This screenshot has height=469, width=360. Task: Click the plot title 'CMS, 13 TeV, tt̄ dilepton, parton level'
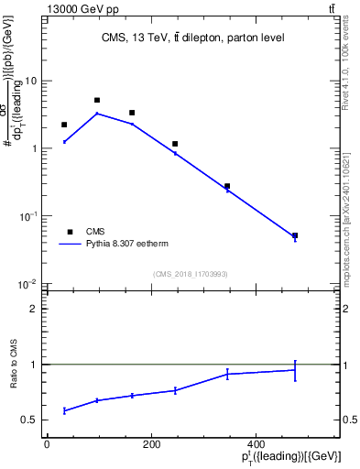(192, 38)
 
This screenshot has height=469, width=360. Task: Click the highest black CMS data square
(97, 100)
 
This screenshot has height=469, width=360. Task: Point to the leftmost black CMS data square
(64, 125)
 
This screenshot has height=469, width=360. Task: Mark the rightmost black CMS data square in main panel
(295, 235)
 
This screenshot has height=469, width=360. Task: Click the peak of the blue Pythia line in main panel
(97, 114)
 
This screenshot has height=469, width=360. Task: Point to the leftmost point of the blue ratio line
(64, 410)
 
